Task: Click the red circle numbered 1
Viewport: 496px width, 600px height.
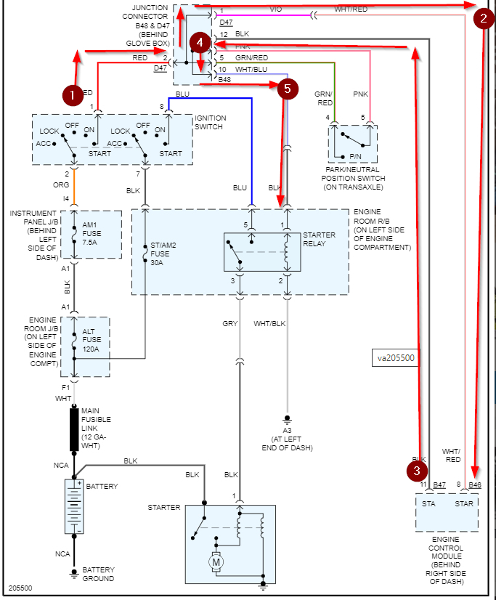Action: (x=70, y=94)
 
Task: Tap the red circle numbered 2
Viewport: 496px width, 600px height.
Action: (x=483, y=20)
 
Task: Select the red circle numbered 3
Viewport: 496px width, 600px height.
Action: (x=416, y=471)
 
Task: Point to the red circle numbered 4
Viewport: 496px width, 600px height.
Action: (x=200, y=43)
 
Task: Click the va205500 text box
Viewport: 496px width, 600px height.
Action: (x=397, y=357)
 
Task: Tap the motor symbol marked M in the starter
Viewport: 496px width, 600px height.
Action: (x=216, y=561)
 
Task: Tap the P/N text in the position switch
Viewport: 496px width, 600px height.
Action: (x=355, y=155)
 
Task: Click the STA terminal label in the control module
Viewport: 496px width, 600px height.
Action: (x=428, y=503)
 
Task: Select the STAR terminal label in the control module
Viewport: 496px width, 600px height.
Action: (x=463, y=503)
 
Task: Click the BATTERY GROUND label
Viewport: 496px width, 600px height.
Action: (x=97, y=574)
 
